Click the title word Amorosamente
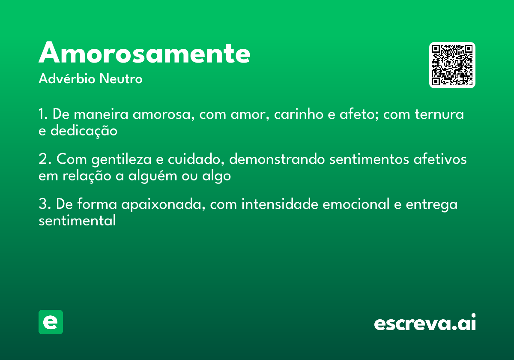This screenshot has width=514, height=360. point(144,53)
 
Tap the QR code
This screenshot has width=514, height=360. point(452,65)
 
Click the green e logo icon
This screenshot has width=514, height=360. point(51,322)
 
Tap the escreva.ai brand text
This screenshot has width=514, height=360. point(425,322)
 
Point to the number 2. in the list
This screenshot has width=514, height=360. point(45,159)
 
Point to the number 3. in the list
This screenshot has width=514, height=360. point(45,204)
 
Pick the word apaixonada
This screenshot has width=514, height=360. point(158,204)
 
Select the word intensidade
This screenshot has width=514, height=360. point(280,204)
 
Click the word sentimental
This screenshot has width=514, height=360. point(77,221)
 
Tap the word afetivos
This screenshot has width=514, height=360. point(440,159)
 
